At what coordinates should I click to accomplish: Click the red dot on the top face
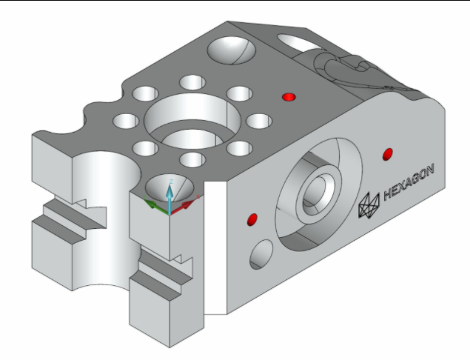289,97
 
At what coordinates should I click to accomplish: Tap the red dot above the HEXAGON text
386,153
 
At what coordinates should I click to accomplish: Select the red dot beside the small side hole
252,219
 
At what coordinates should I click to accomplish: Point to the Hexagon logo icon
369,207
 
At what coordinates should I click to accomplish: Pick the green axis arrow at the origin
151,204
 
